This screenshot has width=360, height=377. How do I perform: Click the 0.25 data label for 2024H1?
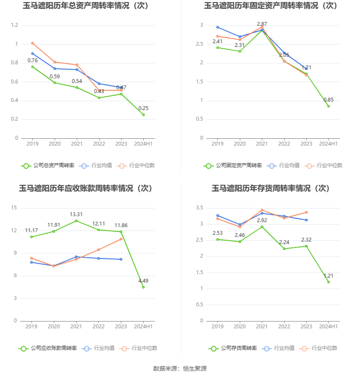(x=144, y=108)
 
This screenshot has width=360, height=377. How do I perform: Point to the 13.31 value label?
(x=76, y=214)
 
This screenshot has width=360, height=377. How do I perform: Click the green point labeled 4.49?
(x=143, y=287)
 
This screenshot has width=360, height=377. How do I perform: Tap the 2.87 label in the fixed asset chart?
(x=262, y=24)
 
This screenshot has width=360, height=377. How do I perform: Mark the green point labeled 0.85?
(x=329, y=106)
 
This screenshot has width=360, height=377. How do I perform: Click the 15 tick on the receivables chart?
(x=14, y=208)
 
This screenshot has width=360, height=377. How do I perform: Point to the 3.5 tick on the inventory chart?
(x=199, y=208)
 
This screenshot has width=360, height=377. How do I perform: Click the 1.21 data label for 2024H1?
(x=329, y=276)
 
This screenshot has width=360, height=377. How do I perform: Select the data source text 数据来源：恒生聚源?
(x=180, y=369)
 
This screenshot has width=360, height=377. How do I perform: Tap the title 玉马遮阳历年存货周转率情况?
(x=271, y=188)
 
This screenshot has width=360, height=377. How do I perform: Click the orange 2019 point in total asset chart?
(x=33, y=43)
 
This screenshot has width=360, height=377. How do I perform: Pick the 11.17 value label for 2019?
(x=32, y=231)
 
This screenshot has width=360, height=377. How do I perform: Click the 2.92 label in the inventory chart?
(x=262, y=220)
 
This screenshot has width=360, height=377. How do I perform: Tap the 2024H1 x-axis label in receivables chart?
(x=143, y=327)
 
